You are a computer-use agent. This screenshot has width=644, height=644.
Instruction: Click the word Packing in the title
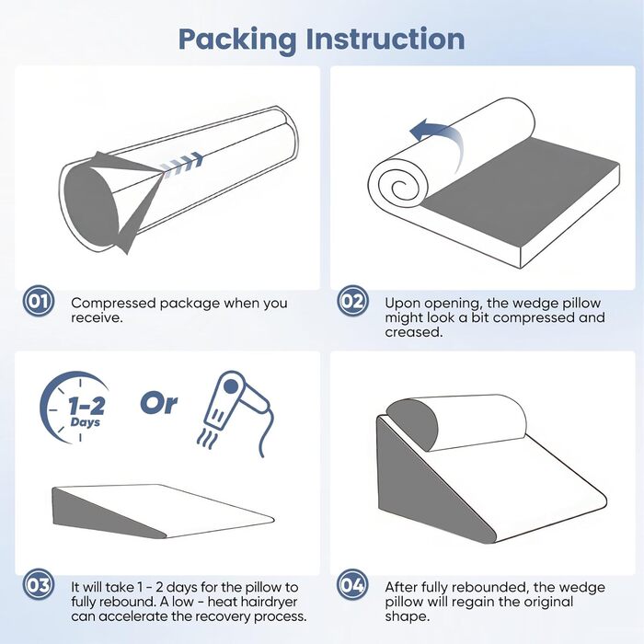pyautogui.click(x=237, y=40)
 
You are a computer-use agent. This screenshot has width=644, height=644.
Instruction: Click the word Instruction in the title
pyautogui.click(x=385, y=39)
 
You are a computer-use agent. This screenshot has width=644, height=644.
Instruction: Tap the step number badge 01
pyautogui.click(x=39, y=301)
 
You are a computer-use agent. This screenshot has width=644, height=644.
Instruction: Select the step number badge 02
pyautogui.click(x=352, y=301)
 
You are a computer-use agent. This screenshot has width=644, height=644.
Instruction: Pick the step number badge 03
pyautogui.click(x=39, y=585)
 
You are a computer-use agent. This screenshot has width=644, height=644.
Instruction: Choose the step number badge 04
pyautogui.click(x=352, y=585)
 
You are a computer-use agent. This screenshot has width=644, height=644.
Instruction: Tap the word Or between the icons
pyautogui.click(x=159, y=403)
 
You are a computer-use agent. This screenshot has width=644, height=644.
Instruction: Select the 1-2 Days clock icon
pyautogui.click(x=75, y=407)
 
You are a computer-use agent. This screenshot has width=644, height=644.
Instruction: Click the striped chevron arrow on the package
pyautogui.click(x=181, y=162)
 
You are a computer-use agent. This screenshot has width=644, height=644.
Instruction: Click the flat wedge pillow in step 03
pyautogui.click(x=163, y=512)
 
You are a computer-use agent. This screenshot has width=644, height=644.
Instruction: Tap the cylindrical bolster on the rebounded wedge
pyautogui.click(x=456, y=422)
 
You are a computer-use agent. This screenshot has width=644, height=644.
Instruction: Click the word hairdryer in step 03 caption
pyautogui.click(x=269, y=602)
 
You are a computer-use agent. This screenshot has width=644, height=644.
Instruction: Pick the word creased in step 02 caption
pyautogui.click(x=414, y=332)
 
